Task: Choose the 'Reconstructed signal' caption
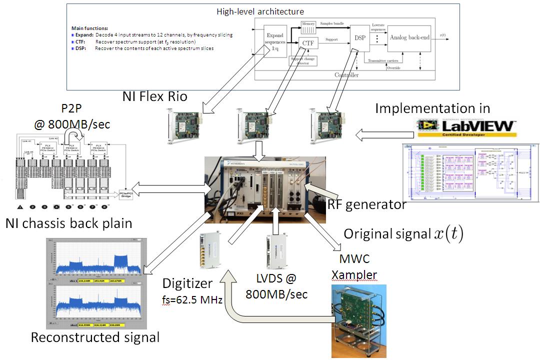95,337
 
